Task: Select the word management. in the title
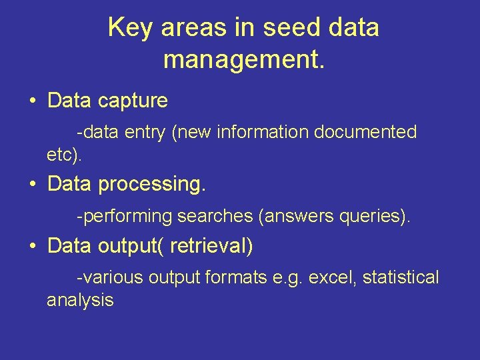(244, 59)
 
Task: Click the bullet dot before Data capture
(32, 101)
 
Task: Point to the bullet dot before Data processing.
(32, 184)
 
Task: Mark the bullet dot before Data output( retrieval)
(32, 247)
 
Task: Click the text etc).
(65, 155)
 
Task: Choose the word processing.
(152, 185)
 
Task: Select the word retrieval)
(211, 247)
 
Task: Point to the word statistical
(401, 277)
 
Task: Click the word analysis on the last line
(80, 301)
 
